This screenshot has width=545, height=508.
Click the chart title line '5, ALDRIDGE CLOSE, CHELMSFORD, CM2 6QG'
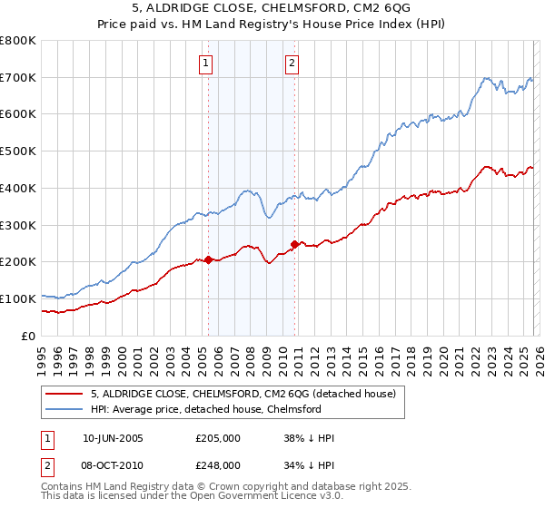pos(272,8)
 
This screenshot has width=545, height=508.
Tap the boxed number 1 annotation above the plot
pos(207,63)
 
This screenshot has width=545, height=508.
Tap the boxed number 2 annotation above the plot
pos(292,63)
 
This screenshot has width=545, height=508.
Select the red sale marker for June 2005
pos(208,259)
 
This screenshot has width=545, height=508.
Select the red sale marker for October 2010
pos(294,243)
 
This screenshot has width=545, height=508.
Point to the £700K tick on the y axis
pos(19,78)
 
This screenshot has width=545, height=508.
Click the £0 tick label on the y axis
pos(30,336)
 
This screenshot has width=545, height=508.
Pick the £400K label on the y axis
pos(19,189)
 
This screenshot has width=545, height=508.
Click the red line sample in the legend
pos(64,395)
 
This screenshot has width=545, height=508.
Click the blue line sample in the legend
pos(64,409)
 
